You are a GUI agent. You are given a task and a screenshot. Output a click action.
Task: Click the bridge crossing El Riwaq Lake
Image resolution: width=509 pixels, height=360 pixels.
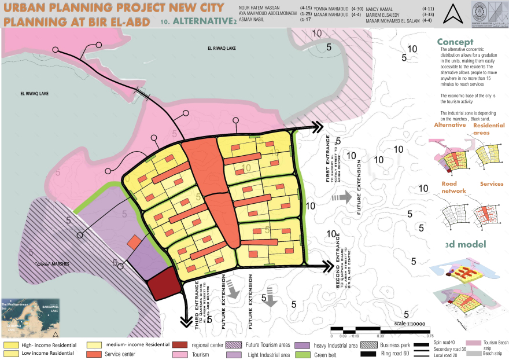(142, 93)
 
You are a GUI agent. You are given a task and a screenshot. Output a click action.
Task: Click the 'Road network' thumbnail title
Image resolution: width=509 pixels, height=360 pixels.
(449, 188)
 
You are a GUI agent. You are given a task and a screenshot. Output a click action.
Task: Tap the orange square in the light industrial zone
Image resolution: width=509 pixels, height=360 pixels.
(134, 242)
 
